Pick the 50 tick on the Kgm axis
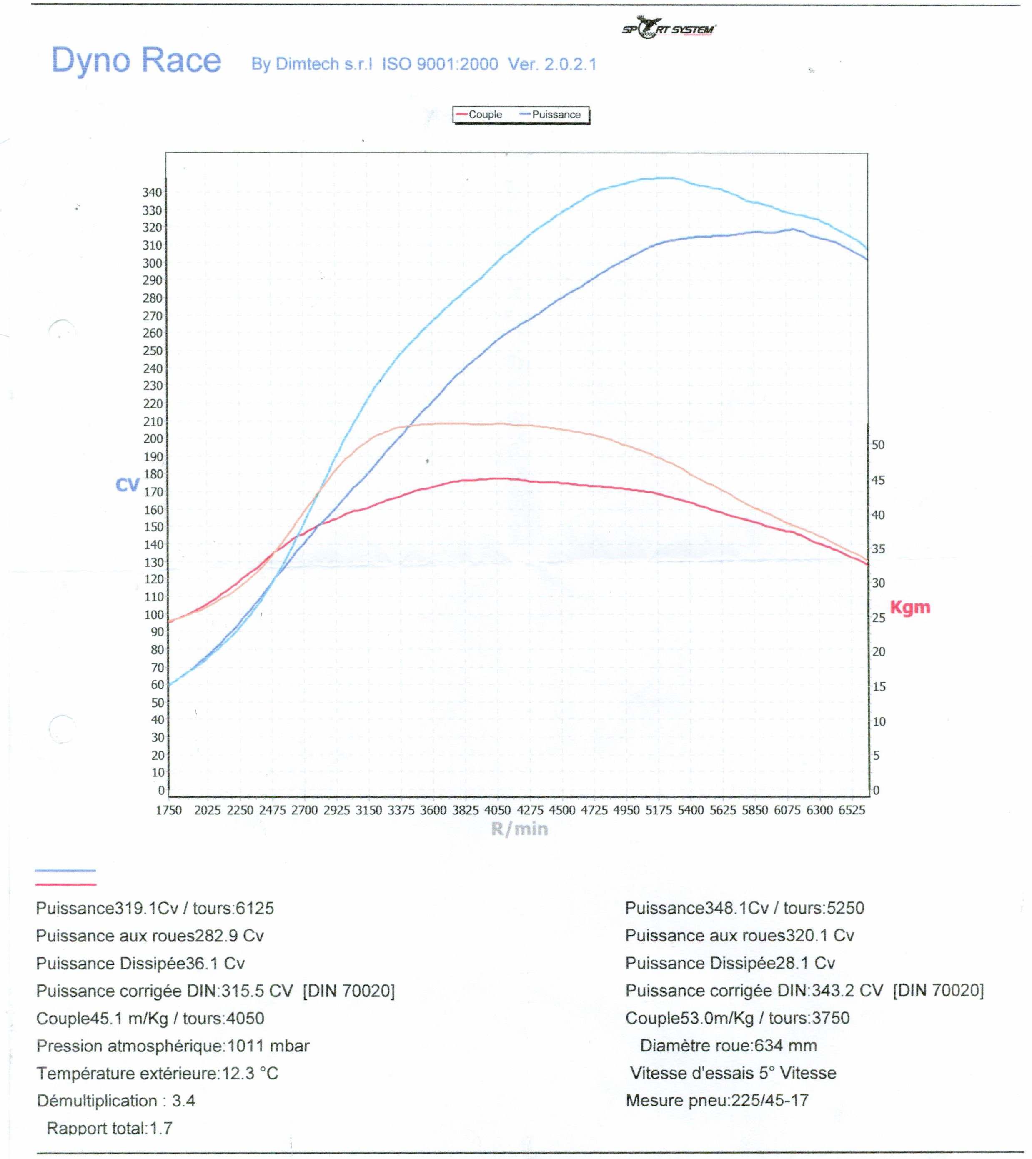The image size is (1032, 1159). click(878, 445)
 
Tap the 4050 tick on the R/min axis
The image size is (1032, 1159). click(497, 810)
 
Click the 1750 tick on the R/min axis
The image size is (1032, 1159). click(168, 810)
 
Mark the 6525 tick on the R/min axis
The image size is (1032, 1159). click(852, 810)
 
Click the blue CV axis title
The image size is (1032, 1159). click(127, 485)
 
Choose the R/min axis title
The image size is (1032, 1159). click(519, 829)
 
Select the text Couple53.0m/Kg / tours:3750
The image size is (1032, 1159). click(737, 1018)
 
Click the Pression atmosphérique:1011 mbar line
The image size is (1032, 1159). click(173, 1046)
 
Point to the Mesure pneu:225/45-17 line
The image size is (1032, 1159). click(717, 1101)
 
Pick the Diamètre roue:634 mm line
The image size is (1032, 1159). click(728, 1046)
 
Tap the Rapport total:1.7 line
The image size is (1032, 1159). click(110, 1129)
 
